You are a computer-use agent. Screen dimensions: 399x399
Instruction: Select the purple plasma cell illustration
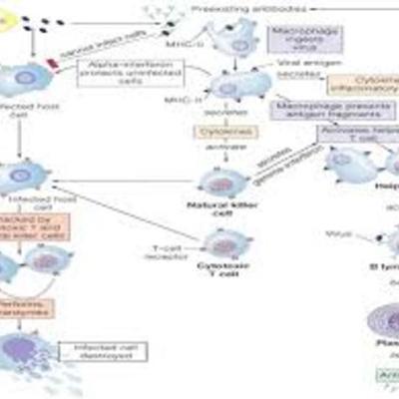coord(374,324)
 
